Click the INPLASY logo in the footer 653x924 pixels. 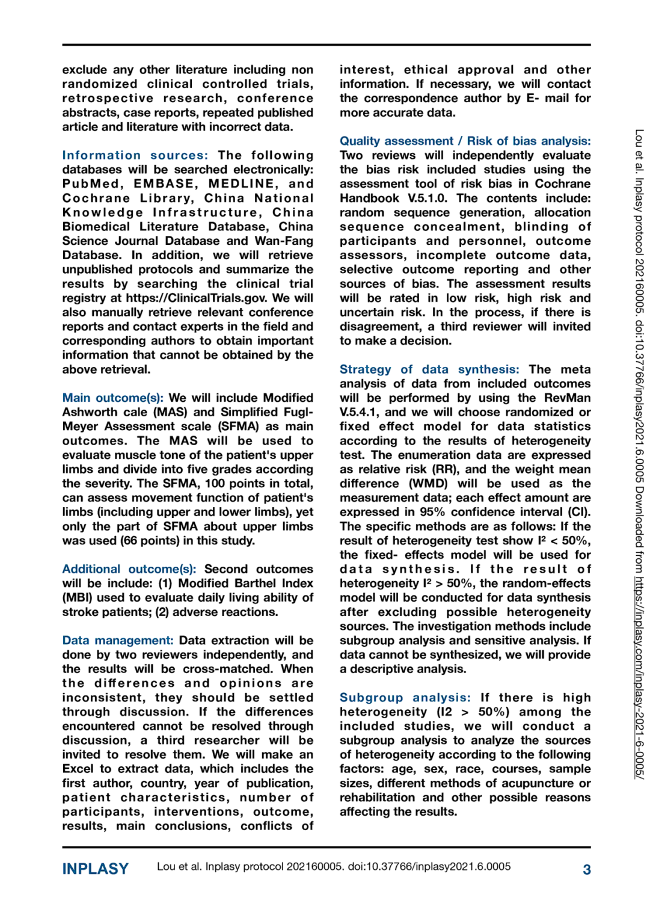(96, 869)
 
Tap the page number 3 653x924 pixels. (586, 869)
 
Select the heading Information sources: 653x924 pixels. (135, 155)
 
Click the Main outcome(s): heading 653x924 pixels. (112, 398)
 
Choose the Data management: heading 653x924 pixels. (118, 640)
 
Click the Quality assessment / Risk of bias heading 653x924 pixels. (465, 141)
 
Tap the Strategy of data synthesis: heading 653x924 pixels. (429, 369)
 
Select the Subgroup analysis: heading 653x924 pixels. (405, 697)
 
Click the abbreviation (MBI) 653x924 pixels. (80, 597)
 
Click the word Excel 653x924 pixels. (78, 769)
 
